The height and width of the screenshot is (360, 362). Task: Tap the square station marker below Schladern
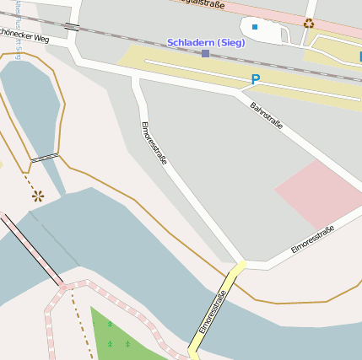(x=205, y=54)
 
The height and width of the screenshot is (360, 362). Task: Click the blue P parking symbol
(x=256, y=79)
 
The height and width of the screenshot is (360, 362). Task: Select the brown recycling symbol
(x=309, y=24)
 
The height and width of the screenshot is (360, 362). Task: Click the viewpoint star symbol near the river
(x=37, y=196)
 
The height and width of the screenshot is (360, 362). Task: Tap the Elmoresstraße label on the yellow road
(x=213, y=310)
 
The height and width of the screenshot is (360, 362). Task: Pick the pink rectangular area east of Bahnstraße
(x=312, y=192)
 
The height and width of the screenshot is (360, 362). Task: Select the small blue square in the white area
(x=254, y=27)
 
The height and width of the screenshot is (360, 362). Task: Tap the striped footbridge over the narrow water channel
(x=45, y=157)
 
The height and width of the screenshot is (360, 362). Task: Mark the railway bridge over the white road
(x=72, y=27)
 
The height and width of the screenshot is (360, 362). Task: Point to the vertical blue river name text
(x=18, y=25)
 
